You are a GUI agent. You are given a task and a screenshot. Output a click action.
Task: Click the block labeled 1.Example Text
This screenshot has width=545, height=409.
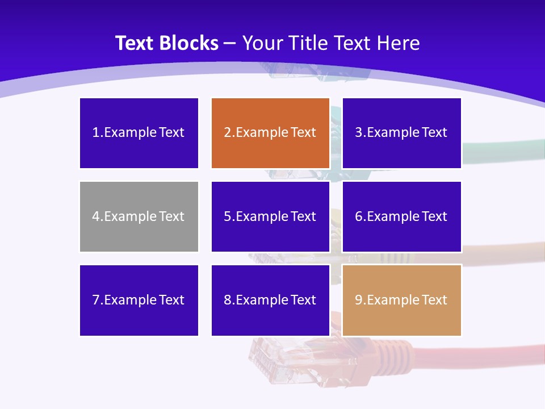139,133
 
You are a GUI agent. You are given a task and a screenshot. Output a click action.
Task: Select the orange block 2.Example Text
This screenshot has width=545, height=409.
270,133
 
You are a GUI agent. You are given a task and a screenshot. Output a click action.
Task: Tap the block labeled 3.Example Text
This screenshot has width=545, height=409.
402,133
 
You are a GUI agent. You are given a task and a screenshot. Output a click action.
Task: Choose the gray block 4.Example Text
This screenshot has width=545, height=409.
139,216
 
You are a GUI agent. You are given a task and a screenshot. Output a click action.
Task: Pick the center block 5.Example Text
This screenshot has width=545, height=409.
270,216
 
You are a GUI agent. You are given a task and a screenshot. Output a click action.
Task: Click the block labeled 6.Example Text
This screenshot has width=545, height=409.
402,216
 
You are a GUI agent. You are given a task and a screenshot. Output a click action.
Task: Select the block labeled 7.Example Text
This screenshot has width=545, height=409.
139,300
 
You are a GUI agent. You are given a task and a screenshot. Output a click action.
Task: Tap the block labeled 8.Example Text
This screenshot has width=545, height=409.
270,300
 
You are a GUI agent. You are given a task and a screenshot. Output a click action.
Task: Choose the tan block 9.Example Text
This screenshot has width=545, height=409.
402,300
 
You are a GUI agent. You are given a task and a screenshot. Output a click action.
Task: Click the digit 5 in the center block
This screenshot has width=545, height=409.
227,216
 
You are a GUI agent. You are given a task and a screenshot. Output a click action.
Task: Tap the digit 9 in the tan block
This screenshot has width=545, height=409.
359,300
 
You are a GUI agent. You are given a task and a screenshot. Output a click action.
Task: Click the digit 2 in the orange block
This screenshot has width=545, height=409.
227,133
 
